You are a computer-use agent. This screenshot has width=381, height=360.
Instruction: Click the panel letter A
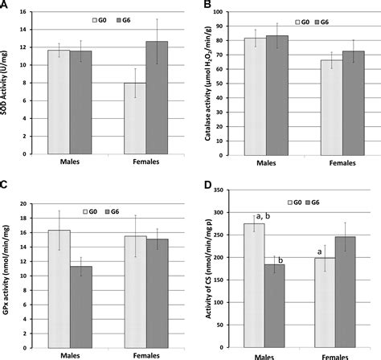click(6, 6)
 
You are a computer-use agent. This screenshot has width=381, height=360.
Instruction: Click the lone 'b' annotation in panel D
click(282, 259)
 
